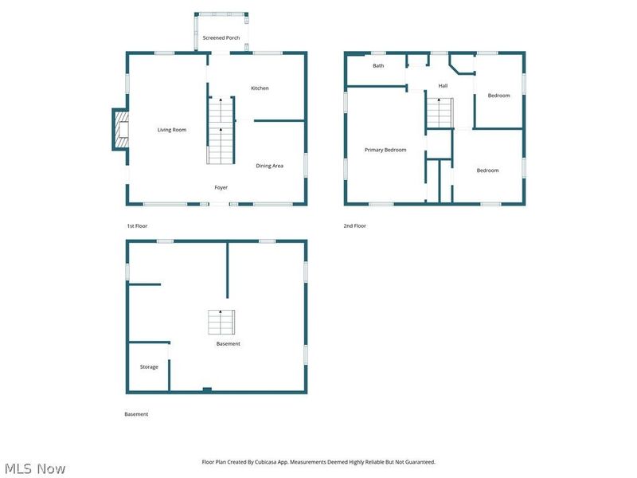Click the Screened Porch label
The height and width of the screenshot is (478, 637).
221,37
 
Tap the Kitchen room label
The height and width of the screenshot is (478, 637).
260,88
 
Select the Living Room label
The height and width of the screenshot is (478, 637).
172,130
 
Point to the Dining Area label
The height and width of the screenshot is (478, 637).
269,166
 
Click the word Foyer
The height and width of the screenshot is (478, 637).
221,187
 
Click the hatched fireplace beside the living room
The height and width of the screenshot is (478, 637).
122,130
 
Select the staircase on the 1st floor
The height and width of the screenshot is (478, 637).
221,130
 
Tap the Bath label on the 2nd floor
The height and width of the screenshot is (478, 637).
378,66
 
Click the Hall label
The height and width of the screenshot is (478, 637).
443,86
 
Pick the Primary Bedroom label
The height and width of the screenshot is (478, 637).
385,150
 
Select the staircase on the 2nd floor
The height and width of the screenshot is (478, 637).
440,112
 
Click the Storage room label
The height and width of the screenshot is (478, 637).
149,367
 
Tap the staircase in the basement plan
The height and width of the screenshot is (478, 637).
221,322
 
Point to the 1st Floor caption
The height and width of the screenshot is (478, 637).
137,226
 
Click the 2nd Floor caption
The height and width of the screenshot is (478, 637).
354,226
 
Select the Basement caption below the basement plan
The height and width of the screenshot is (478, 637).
136,414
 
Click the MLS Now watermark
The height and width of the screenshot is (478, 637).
35,468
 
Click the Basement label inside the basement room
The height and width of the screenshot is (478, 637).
228,344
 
